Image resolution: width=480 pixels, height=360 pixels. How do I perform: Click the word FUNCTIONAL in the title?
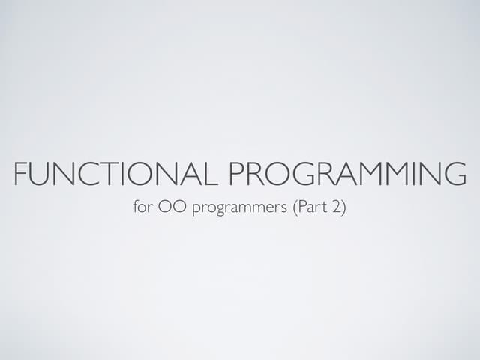pyautogui.click(x=117, y=175)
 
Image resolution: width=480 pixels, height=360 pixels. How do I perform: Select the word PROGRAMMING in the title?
pyautogui.click(x=347, y=175)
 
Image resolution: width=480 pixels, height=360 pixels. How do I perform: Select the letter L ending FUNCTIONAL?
pyautogui.click(x=211, y=175)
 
